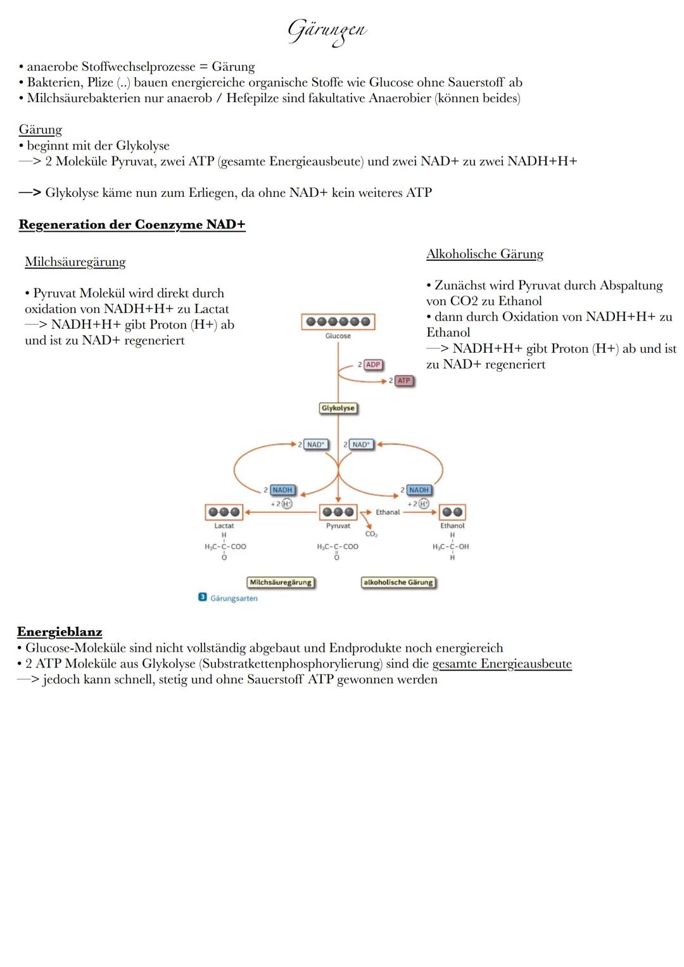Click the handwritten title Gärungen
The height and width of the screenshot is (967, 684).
click(327, 31)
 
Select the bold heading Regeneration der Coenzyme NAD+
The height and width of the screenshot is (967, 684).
click(132, 225)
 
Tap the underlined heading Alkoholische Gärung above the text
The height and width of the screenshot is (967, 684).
click(484, 254)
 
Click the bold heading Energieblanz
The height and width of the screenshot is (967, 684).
click(60, 631)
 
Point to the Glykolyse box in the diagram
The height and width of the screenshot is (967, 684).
click(338, 408)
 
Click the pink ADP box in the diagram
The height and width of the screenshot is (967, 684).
click(373, 365)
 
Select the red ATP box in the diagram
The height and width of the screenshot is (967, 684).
click(403, 381)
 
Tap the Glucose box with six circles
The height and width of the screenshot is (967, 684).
click(338, 322)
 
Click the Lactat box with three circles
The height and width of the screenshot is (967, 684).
click(224, 512)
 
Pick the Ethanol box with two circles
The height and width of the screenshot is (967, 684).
click(452, 512)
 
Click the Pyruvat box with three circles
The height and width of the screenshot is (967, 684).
click(338, 512)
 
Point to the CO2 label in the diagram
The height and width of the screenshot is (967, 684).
click(371, 534)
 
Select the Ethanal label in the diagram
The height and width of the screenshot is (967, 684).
click(388, 512)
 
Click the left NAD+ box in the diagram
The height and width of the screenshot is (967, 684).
click(315, 445)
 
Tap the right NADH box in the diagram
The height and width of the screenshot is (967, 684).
click(419, 490)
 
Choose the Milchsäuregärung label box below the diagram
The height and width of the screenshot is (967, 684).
click(281, 583)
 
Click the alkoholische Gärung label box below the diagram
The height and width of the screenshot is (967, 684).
click(398, 583)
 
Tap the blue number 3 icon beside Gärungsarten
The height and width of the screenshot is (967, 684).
click(203, 597)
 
